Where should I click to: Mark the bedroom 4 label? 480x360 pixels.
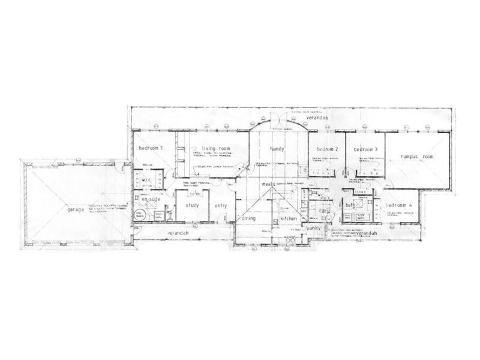(398, 205)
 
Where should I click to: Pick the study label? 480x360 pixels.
(192, 206)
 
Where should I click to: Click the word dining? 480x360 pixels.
(248, 219)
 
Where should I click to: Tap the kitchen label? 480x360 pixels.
(289, 219)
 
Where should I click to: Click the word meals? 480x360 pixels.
(268, 185)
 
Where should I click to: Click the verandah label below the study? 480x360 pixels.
(178, 232)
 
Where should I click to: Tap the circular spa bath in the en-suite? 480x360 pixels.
(140, 215)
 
